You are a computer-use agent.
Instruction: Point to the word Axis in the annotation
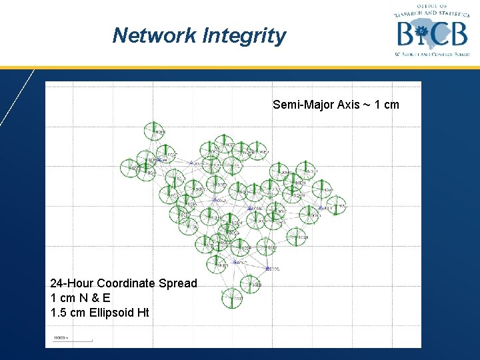click(349, 105)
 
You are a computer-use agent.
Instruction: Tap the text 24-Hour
click(69, 283)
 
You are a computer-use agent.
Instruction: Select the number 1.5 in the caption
click(58, 313)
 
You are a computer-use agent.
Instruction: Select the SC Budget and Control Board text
click(432, 54)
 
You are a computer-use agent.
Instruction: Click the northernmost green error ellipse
click(153, 131)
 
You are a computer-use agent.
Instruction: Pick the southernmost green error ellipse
click(233, 297)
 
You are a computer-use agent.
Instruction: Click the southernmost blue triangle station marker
click(267, 268)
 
